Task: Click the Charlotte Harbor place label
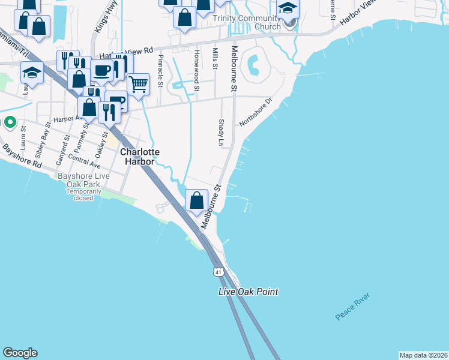(x=139, y=157)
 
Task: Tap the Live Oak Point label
(x=248, y=292)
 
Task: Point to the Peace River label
(x=353, y=307)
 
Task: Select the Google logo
(x=20, y=353)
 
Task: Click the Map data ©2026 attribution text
(x=423, y=355)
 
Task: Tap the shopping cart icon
(x=139, y=84)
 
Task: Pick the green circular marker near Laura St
(x=10, y=122)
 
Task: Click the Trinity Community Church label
(x=247, y=22)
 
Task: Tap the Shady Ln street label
(x=220, y=132)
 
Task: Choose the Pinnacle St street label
(x=160, y=71)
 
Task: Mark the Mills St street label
(x=214, y=59)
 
